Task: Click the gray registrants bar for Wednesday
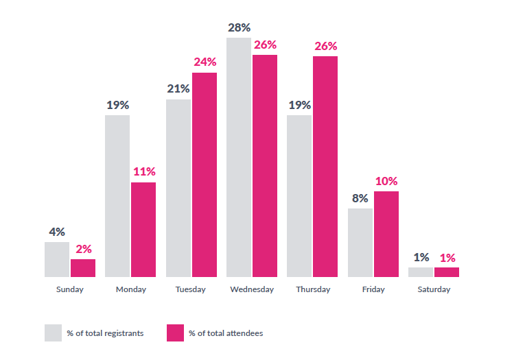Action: (x=238, y=158)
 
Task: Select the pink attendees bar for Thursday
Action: (x=325, y=167)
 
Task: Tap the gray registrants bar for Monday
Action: (x=117, y=196)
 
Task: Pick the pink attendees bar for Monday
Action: (x=143, y=230)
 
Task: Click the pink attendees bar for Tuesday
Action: (x=205, y=175)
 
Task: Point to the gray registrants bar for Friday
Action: (x=360, y=243)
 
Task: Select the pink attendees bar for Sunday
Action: (x=83, y=268)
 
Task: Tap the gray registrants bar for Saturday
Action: (x=421, y=272)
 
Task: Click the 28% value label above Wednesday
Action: (x=238, y=27)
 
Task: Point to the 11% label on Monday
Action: (x=144, y=171)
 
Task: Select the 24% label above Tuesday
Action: (x=205, y=62)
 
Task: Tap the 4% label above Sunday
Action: (x=58, y=231)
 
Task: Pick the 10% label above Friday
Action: (x=386, y=181)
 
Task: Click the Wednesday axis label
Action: (x=252, y=289)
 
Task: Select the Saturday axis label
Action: (x=434, y=289)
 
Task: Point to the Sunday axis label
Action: (x=69, y=289)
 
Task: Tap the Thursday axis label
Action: (x=313, y=289)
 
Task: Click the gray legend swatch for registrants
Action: (x=54, y=333)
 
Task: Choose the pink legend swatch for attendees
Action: (x=175, y=333)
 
